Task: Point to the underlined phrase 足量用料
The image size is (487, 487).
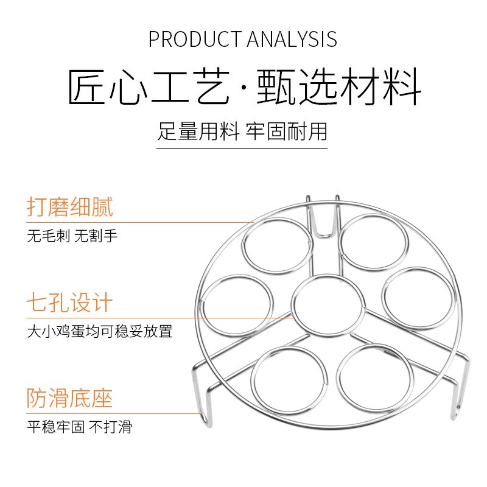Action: [x=198, y=131]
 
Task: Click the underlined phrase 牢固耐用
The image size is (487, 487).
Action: [x=287, y=131]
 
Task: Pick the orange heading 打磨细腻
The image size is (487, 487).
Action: [x=69, y=208]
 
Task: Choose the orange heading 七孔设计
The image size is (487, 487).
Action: [x=69, y=303]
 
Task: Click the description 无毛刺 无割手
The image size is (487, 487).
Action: [x=72, y=236]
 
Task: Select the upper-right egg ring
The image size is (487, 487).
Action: [x=373, y=243]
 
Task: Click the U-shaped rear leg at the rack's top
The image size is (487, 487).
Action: [x=323, y=216]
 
